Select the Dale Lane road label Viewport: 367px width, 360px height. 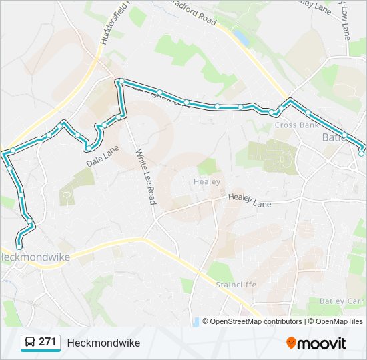coord(102,156)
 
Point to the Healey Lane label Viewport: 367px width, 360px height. coord(250,199)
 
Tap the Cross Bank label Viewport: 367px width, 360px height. coord(296,125)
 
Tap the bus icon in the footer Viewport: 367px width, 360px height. coord(29,343)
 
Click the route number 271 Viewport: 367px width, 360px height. coord(47,342)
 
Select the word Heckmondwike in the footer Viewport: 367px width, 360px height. coord(103,343)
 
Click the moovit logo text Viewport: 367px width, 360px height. coord(322,343)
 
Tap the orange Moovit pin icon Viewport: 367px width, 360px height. coord(292,343)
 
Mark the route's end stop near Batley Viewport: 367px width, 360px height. coord(362,153)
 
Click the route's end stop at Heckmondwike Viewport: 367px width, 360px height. coord(19,247)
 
